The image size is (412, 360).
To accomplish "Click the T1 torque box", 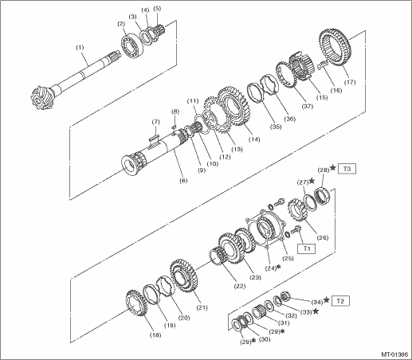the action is pos(306,248).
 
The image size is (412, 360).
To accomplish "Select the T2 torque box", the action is pos(340,301).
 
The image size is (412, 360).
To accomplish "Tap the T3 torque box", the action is pos(347,169).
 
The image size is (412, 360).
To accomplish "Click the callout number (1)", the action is pos(80,48).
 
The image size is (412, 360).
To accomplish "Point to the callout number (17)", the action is pos(350,82).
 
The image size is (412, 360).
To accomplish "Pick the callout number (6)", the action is pos(183,181).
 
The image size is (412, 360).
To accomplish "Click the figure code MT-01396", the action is pos(394,354).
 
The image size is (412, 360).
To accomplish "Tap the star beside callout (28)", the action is pos(332,168).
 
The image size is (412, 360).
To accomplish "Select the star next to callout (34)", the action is pos(327,300).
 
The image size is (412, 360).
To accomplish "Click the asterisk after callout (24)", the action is pos(278,268).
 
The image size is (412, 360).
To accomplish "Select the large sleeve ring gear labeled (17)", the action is pos(335,50).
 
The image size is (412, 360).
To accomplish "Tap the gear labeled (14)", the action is pos(233,106).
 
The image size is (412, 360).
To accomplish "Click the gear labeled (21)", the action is pos(184,278).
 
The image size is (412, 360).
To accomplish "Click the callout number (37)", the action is pos(307,106).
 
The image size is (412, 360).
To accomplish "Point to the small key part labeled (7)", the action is pos(154,140).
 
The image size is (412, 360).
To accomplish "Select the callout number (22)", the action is pos(239,286).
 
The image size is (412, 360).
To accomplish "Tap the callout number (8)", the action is pos(175,112).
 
